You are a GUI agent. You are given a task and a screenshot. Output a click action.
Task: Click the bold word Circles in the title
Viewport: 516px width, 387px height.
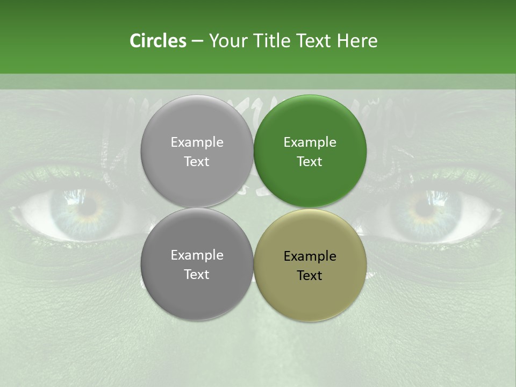pos(157,41)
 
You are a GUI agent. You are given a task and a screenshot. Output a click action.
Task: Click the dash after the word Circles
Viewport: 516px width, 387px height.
pos(197,41)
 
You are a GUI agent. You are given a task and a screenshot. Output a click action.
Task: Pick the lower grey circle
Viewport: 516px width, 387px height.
pos(197,264)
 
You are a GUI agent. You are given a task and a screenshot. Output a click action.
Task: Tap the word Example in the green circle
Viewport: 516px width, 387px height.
pos(310,142)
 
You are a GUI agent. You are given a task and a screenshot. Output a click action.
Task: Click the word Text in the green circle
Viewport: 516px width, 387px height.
pos(310,162)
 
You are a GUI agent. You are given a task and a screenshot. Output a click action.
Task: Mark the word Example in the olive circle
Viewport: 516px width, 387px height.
pos(310,256)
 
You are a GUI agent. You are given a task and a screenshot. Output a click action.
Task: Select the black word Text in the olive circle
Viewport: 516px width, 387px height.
pos(310,276)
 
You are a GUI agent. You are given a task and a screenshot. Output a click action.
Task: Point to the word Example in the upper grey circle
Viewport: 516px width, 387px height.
pos(197,142)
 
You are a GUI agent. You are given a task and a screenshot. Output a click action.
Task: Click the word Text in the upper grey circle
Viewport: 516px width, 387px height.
pos(197,162)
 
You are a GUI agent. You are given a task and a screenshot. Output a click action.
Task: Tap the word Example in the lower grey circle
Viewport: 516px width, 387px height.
pos(197,255)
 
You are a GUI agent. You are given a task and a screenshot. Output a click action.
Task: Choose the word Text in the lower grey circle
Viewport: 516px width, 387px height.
pos(197,275)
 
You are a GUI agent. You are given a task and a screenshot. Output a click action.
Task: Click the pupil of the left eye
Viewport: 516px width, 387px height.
pos(86,207)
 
